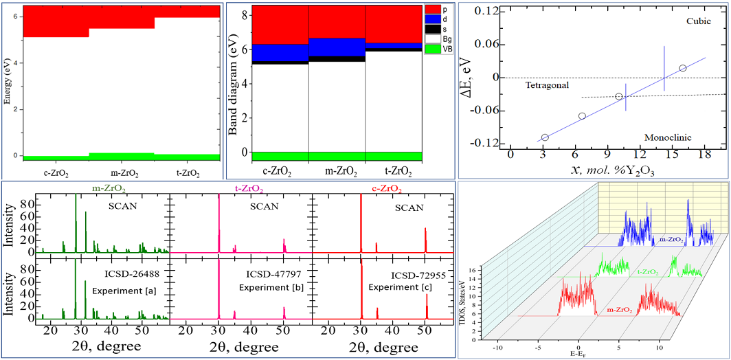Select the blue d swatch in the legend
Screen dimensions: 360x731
click(433, 20)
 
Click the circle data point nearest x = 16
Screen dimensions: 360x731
click(682, 68)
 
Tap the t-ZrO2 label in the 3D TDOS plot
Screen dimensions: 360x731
click(648, 272)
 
